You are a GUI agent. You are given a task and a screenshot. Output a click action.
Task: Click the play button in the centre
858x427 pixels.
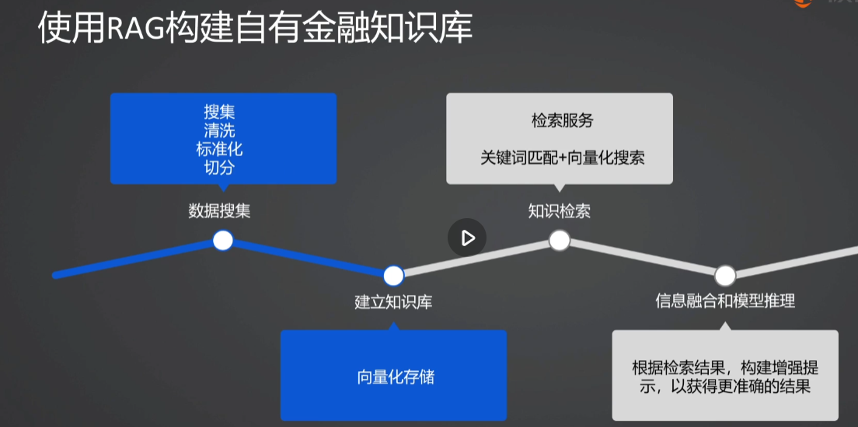pyautogui.click(x=467, y=238)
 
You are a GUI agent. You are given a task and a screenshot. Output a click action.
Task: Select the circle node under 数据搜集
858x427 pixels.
pyautogui.click(x=223, y=241)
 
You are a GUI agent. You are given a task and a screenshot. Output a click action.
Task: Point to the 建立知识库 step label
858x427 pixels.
pyautogui.click(x=393, y=302)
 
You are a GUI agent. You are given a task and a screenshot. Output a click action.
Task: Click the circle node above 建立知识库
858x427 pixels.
pyautogui.click(x=393, y=275)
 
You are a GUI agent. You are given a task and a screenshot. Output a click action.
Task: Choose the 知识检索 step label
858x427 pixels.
pyautogui.click(x=559, y=211)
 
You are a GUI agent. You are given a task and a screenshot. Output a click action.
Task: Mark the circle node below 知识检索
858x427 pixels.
pyautogui.click(x=560, y=241)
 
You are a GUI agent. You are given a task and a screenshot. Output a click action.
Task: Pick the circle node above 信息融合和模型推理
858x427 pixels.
pyautogui.click(x=725, y=275)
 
